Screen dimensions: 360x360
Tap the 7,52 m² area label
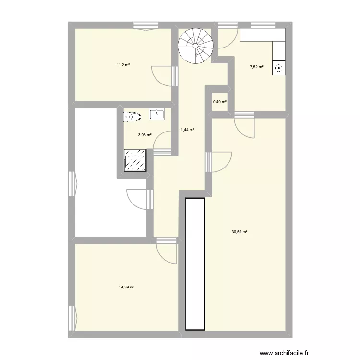click(256, 67)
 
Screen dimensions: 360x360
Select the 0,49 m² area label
click(219, 102)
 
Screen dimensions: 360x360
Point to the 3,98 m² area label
click(144, 135)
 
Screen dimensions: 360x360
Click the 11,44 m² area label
click(186, 130)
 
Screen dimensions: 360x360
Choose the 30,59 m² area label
click(239, 232)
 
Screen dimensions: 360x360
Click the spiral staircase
click(195, 44)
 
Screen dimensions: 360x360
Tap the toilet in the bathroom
click(133, 116)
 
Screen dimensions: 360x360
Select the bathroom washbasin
click(157, 114)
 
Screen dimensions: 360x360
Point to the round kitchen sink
click(278, 69)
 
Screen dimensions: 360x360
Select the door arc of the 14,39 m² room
click(167, 253)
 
